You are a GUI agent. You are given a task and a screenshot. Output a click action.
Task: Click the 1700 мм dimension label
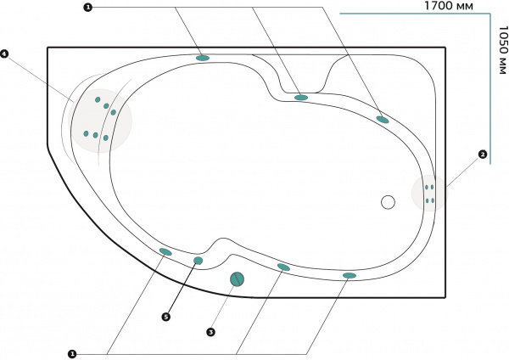click(449, 6)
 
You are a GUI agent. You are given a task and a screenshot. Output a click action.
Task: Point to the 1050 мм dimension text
click(503, 50)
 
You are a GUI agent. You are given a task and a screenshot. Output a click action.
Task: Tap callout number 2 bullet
click(483, 155)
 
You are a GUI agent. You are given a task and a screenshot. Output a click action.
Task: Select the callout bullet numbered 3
click(211, 332)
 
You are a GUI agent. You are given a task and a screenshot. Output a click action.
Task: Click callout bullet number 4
click(4, 53)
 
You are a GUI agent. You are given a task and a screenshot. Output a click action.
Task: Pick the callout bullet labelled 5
click(166, 317)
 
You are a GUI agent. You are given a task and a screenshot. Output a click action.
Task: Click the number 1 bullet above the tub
click(87, 7)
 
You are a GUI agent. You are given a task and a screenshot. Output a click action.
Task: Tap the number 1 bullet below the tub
click(72, 354)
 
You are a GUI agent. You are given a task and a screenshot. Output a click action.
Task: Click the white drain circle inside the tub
click(388, 202)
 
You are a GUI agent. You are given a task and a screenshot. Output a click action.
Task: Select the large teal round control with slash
click(237, 279)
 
